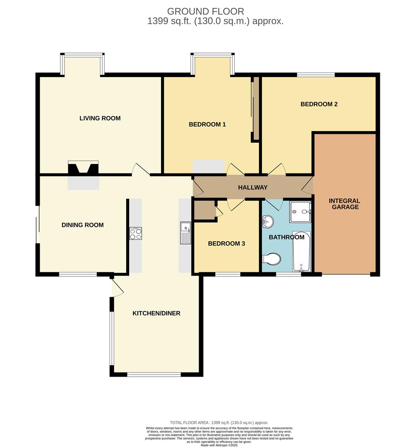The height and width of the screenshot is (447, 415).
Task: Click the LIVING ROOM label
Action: click(100, 118)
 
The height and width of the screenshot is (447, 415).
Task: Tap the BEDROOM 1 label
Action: click(207, 124)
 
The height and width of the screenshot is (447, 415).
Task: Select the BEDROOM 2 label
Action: click(319, 104)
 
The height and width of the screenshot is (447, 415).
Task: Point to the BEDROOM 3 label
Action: click(227, 243)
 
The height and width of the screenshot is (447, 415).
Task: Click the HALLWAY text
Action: click(253, 187)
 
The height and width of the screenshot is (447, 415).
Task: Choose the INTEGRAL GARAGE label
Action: click(345, 204)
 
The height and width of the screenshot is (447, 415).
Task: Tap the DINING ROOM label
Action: click(83, 225)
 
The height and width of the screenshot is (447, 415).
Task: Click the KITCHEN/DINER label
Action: click(156, 313)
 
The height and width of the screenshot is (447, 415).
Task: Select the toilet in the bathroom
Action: click(271, 259)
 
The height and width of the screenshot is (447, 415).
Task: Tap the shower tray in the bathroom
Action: click(300, 212)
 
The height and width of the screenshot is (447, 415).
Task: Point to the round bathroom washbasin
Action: click(268, 221)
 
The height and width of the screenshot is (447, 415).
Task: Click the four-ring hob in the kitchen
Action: click(136, 233)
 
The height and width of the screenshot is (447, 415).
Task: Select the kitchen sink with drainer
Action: click(185, 233)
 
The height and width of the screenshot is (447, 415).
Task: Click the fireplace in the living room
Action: click(83, 168)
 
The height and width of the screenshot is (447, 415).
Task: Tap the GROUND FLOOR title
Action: click(206, 12)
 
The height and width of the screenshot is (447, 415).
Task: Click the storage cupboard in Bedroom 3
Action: click(205, 210)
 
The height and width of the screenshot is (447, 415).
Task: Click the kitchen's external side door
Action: click(117, 287)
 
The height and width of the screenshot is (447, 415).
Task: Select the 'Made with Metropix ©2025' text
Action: click(219, 445)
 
